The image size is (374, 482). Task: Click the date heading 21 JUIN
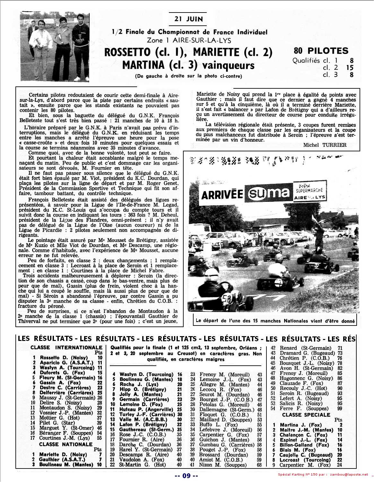coord(188,19)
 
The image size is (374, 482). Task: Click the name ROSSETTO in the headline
coord(127,52)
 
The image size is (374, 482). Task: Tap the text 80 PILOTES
coord(321,51)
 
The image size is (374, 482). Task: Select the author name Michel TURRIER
coord(325,145)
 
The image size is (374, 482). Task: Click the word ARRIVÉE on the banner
coord(222,194)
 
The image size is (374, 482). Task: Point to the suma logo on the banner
coord(268,193)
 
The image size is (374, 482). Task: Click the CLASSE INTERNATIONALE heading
coord(66,347)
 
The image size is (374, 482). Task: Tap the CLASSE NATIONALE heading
coord(66,444)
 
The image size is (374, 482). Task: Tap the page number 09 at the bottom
coord(187,476)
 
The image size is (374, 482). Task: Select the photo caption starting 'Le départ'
coord(275,321)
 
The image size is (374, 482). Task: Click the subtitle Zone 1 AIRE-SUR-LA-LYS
coord(189,40)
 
